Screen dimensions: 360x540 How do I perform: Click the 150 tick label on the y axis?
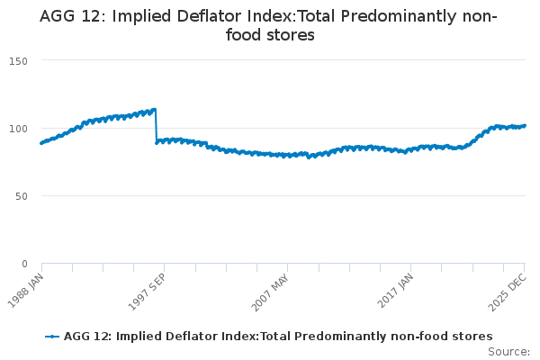coord(19,60)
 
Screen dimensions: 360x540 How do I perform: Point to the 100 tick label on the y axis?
coord(19,128)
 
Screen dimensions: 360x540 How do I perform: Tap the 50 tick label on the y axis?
coord(22,195)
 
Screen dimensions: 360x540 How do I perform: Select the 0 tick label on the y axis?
coord(24,264)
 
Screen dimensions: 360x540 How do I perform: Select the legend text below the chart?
coord(278,336)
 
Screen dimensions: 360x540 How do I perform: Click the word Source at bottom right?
coord(508,351)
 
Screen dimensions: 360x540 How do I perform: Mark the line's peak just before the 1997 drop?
coord(155,110)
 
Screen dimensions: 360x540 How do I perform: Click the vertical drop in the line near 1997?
coord(156,126)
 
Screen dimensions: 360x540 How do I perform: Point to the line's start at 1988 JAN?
coord(41,143)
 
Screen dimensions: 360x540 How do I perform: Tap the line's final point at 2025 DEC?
coord(525,126)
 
